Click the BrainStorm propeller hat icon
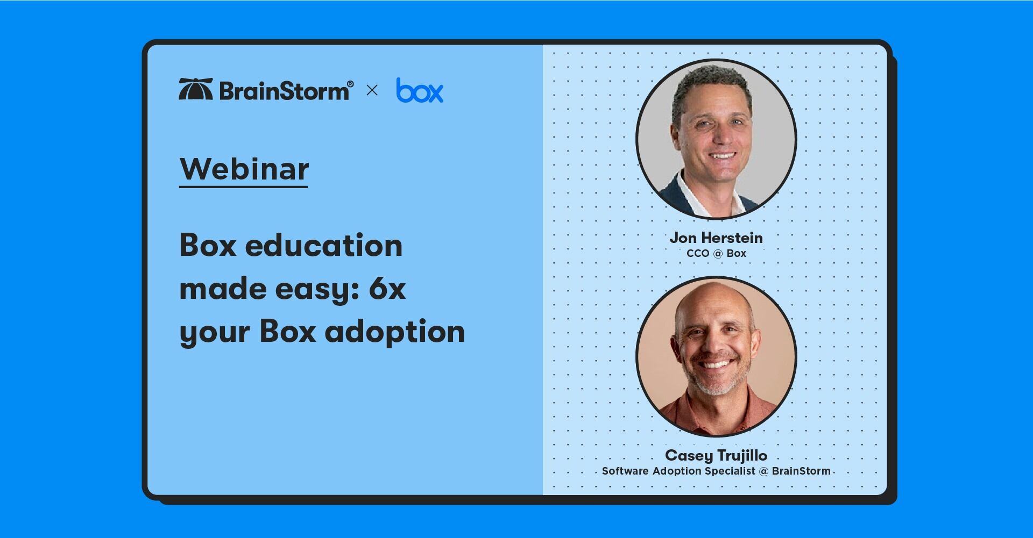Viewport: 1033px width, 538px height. coord(196,89)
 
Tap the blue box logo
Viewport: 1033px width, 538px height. coord(420,90)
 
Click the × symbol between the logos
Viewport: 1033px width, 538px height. coord(372,90)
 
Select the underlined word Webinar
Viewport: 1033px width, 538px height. coord(244,169)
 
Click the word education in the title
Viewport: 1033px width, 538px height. coord(324,245)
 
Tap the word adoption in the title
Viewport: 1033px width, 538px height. coord(395,331)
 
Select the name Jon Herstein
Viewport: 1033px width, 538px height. coord(716,238)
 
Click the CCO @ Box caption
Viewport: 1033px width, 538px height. coord(716,253)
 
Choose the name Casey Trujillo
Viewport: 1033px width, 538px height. coord(716,455)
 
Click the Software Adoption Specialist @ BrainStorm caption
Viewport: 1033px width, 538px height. coord(716,471)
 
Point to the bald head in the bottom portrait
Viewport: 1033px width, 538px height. coord(713,301)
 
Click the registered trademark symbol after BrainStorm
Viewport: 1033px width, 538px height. coord(350,84)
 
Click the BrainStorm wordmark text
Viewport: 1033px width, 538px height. coord(284,90)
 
